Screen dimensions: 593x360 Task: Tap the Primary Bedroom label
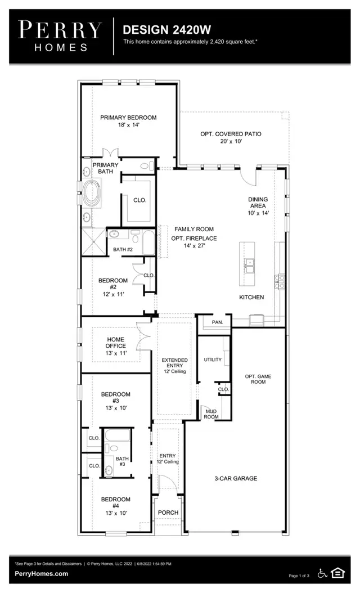[x=128, y=121]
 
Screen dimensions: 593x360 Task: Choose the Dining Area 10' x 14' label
[x=259, y=206]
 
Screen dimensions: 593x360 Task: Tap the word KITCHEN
[x=251, y=297]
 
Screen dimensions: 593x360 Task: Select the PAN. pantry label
[x=218, y=322]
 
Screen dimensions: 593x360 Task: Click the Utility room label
[x=213, y=360]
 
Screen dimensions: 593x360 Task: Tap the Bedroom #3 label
[x=115, y=401]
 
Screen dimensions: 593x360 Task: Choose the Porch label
[x=168, y=513]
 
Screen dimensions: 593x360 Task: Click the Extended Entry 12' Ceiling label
[x=174, y=366]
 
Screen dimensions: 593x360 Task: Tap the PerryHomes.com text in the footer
[x=42, y=574]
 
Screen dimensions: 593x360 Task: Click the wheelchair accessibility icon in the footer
[x=323, y=573]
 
